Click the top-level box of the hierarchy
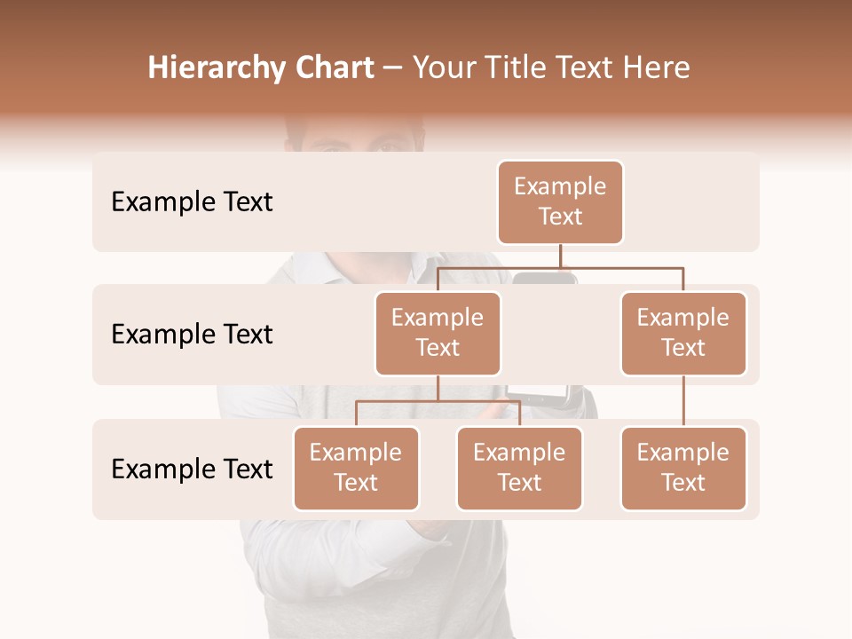pos(560,201)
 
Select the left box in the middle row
pos(438,333)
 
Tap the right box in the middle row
pos(683,333)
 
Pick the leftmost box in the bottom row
pos(356,468)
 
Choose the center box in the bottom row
pos(519,468)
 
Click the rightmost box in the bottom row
pos(683,468)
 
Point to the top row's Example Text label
pos(192,202)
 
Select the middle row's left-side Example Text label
pos(192,335)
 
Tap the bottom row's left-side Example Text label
pos(192,469)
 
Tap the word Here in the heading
pos(657,67)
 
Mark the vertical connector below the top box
pos(560,256)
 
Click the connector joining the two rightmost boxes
pos(683,401)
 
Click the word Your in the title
pos(443,67)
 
